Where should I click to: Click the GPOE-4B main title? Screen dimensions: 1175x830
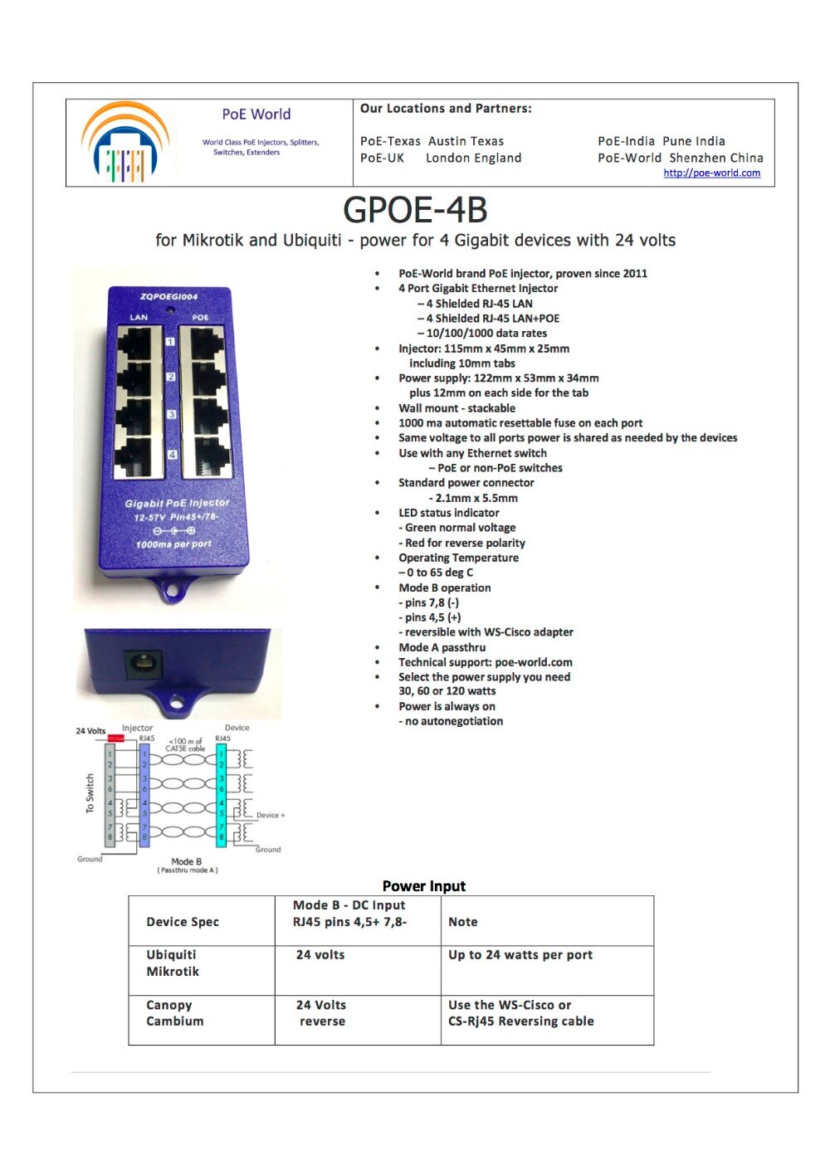coord(415,210)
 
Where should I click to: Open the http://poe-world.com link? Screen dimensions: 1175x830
coord(711,173)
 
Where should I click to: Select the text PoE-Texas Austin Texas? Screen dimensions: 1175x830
coord(432,141)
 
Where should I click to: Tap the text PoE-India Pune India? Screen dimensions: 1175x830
coord(661,141)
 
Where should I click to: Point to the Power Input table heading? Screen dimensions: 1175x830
coord(423,886)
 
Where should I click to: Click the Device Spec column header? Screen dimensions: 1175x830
coord(183,922)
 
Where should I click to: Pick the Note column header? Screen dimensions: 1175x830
coord(462,922)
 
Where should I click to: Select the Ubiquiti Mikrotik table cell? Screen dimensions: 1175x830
coord(173,963)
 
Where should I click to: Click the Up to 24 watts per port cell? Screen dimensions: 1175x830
coord(520,955)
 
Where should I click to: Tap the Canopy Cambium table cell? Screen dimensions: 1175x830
coord(174,1013)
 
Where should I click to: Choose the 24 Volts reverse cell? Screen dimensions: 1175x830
coord(321,1013)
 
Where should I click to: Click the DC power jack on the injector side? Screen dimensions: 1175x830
coord(142,665)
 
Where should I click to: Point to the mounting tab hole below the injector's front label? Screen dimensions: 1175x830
coord(173,592)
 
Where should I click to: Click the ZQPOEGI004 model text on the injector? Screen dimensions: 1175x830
coord(168,296)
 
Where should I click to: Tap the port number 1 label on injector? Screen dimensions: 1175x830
coord(170,341)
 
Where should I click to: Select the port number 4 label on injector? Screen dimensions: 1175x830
coord(172,455)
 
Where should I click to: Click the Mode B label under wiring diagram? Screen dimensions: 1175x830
coord(186,861)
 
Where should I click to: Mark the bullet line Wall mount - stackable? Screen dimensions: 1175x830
coord(456,408)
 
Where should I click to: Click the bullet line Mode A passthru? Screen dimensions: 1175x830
coord(442,647)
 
